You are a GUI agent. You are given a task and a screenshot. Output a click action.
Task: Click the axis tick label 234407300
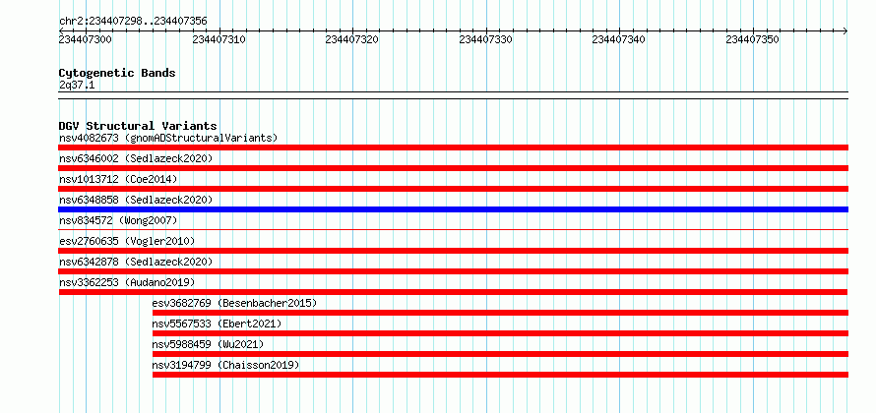click(86, 39)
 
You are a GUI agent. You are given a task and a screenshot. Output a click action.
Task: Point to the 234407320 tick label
click(352, 39)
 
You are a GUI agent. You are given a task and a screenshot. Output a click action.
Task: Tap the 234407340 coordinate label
click(618, 39)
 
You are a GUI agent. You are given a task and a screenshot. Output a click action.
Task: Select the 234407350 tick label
click(752, 39)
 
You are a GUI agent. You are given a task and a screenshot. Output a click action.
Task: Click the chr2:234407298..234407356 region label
click(133, 22)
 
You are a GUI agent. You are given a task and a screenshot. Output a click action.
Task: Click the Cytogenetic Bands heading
click(117, 73)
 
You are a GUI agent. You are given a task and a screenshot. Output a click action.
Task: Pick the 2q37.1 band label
click(77, 86)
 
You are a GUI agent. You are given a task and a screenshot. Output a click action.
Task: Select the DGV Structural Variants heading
click(138, 126)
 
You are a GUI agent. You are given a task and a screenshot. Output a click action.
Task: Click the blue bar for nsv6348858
click(453, 209)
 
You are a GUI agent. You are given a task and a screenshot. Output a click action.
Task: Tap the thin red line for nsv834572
click(453, 229)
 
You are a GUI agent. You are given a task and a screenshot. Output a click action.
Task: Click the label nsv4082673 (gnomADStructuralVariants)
click(168, 138)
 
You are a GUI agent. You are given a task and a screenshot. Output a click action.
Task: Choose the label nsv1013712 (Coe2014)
click(118, 179)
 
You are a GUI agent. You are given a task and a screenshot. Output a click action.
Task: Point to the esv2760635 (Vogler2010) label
click(127, 241)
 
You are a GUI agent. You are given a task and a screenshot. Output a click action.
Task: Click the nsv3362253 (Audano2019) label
click(127, 282)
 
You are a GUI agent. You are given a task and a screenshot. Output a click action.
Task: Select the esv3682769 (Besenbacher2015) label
click(234, 303)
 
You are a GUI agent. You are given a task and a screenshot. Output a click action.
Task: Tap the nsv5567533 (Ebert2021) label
click(217, 324)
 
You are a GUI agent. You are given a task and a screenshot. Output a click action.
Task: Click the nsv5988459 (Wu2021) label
click(208, 344)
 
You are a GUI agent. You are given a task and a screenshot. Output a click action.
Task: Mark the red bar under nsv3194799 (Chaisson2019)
click(501, 375)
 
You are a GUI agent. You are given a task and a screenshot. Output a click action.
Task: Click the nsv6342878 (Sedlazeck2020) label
click(136, 262)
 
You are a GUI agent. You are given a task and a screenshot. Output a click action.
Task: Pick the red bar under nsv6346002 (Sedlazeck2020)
click(453, 168)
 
